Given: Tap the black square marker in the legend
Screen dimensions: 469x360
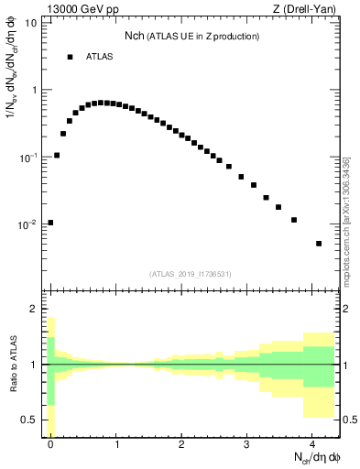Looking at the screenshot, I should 70,57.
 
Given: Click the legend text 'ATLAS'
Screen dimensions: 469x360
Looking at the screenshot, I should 99,57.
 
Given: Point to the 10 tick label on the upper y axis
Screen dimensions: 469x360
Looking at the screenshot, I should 31,23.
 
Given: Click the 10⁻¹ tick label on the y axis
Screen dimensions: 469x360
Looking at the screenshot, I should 28,157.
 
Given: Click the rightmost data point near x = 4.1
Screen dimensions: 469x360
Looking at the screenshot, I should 319,244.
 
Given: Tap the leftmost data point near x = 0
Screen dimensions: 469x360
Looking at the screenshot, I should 50,222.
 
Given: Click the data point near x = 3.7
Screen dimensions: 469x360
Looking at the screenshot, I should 294,220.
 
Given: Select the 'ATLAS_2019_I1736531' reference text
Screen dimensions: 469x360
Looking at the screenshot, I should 191,274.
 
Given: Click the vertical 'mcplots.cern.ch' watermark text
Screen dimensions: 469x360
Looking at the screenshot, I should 346,220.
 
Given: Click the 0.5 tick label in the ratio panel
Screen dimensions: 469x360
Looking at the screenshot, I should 30,420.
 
